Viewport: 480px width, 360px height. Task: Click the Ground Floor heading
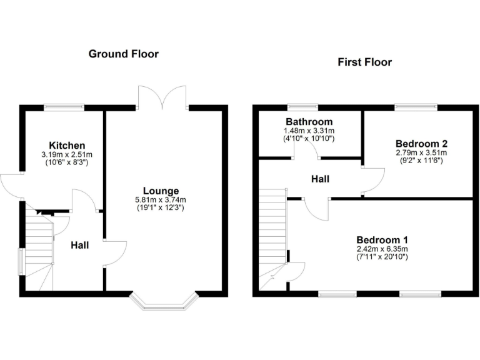(x=123, y=54)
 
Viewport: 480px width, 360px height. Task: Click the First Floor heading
(x=364, y=62)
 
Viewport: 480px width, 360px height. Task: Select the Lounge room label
(x=161, y=191)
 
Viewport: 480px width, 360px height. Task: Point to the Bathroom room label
(x=309, y=121)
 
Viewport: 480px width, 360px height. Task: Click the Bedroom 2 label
(x=421, y=143)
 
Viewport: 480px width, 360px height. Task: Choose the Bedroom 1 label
(x=382, y=239)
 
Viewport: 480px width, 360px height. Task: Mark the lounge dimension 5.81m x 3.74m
(x=161, y=199)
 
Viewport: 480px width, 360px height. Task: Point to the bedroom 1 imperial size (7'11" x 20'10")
(x=382, y=256)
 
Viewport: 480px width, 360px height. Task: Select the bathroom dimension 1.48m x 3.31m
(x=309, y=130)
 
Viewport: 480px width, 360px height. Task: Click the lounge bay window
(x=164, y=301)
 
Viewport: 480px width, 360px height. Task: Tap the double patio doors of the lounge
(x=162, y=95)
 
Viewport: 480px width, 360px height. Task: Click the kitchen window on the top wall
(x=64, y=107)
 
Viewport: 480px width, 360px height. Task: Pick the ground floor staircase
(x=39, y=250)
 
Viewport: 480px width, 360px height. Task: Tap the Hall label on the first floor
(x=321, y=179)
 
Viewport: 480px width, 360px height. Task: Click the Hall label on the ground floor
(x=79, y=245)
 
